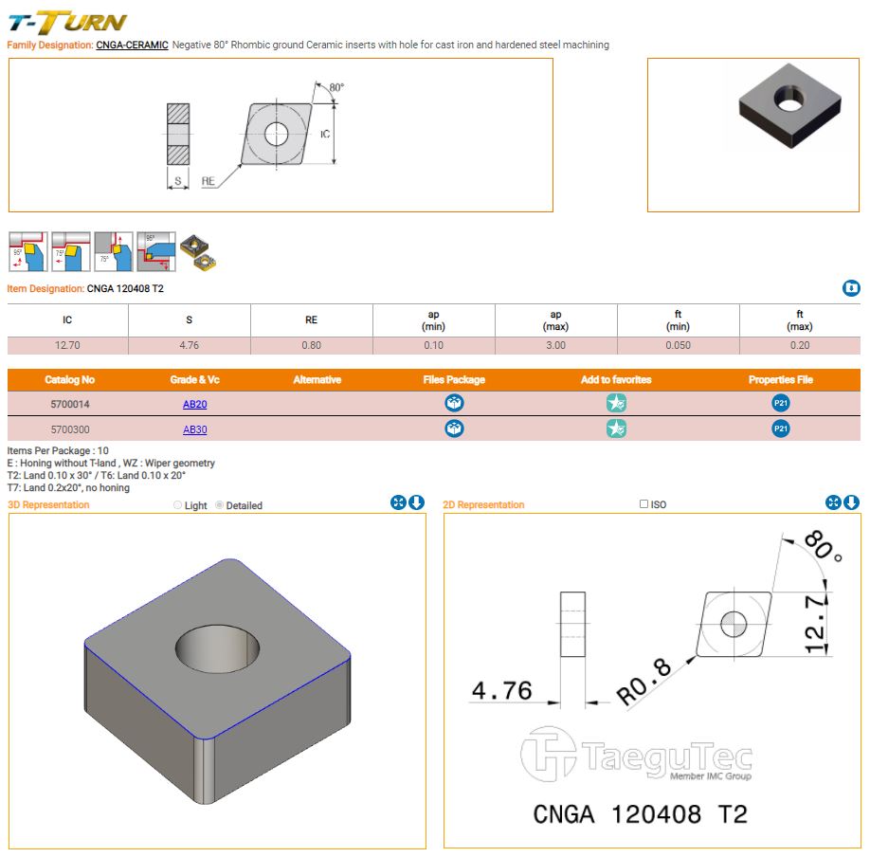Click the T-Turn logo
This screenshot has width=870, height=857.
pos(66,21)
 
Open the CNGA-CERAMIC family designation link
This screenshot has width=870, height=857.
pos(132,45)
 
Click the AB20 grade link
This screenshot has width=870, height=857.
pos(194,404)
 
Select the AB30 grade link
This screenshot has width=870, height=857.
pos(194,429)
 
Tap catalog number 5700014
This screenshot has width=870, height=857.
pos(70,404)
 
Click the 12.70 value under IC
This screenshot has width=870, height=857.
pos(67,345)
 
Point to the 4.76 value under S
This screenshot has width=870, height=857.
pos(189,345)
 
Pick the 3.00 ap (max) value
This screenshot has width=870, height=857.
pos(555,345)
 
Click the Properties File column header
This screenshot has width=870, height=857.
pos(780,379)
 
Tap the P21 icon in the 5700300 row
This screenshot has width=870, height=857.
pos(781,429)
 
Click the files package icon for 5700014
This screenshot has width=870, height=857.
pos(455,404)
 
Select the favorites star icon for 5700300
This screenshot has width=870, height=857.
pos(617,429)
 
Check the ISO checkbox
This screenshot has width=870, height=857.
pos(644,504)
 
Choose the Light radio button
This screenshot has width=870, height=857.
pos(178,505)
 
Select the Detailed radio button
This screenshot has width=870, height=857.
pos(220,505)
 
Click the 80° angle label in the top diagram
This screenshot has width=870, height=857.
pos(336,87)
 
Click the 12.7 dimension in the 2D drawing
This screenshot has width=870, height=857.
pos(817,623)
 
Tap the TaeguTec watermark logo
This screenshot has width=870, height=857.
pos(636,756)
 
